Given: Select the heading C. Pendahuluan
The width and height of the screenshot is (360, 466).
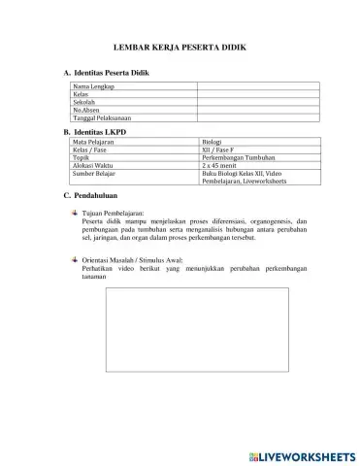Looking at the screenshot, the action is point(98,196).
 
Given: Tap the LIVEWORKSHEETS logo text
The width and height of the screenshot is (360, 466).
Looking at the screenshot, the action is point(302,454).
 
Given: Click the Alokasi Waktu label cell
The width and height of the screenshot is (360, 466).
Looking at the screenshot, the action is point(93,166).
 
